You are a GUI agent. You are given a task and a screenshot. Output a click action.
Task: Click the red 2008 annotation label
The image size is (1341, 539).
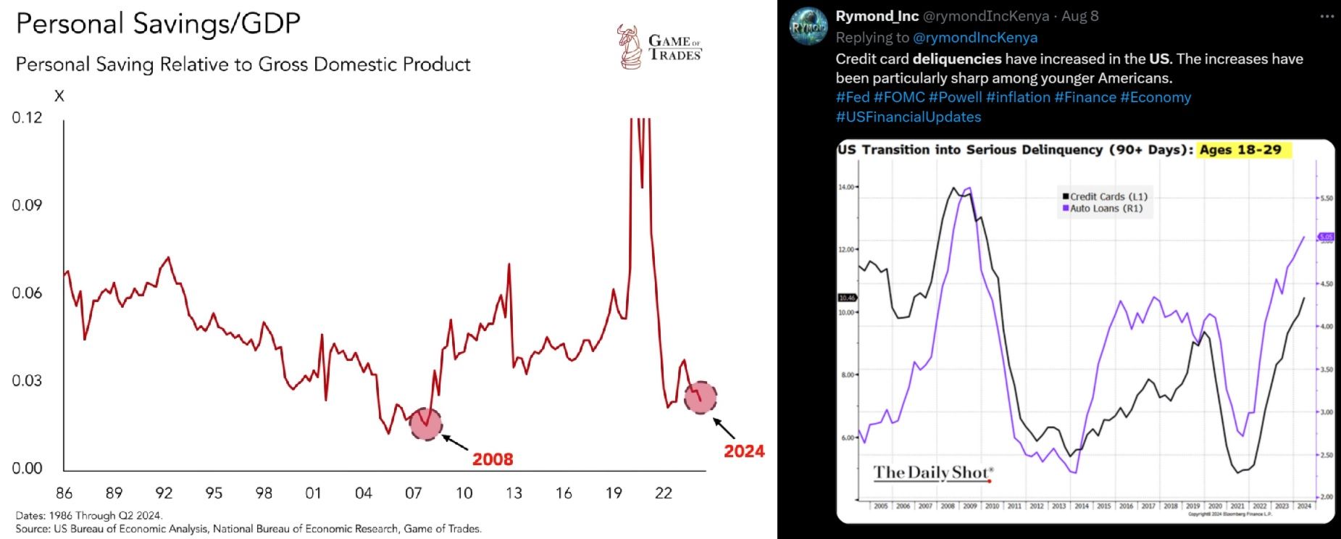(x=493, y=459)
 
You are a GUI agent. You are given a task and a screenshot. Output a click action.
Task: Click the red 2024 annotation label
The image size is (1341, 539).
(x=744, y=451)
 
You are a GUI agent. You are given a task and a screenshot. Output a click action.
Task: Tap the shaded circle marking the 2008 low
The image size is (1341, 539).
(x=426, y=424)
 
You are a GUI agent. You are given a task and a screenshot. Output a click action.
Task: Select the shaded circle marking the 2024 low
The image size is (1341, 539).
(x=701, y=397)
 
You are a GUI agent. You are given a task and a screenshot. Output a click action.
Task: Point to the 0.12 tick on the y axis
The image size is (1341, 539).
(x=28, y=117)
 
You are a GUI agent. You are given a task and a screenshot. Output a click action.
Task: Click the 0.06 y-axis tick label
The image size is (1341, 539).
(x=28, y=293)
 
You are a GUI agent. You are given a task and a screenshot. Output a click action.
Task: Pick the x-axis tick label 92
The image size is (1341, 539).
(x=164, y=493)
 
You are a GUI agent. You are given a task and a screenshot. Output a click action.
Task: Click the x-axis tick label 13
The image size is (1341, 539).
(x=514, y=493)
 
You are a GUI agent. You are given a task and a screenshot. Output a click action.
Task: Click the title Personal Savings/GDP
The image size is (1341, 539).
(x=158, y=24)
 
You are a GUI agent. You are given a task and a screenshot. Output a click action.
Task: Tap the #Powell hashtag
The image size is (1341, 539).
(x=955, y=97)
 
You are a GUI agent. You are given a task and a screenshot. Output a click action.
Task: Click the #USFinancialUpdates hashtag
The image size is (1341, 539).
(x=908, y=117)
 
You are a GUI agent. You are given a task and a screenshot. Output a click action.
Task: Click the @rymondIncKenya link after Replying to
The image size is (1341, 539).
(x=975, y=38)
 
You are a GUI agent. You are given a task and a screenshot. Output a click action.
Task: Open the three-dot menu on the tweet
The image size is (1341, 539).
(x=1327, y=16)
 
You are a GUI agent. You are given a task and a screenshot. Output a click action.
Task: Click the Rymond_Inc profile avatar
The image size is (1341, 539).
(x=808, y=27)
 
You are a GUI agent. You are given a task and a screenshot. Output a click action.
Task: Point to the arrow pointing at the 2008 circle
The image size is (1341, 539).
(x=455, y=442)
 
